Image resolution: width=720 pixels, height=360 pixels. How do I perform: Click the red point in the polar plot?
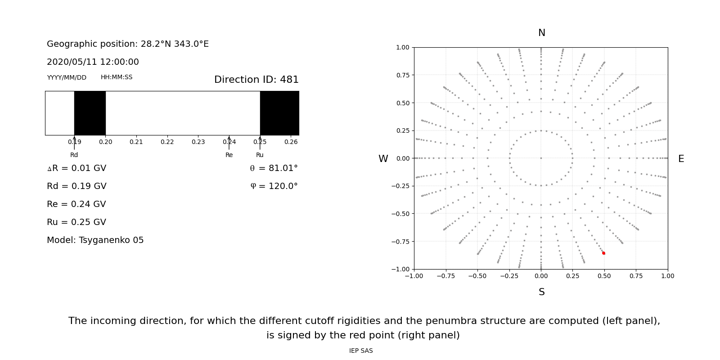[x=603, y=253]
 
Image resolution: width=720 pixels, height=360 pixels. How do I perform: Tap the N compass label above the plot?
[x=542, y=33]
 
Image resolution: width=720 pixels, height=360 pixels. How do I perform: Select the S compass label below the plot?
[x=542, y=292]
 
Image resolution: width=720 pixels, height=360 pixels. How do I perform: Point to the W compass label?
[x=383, y=159]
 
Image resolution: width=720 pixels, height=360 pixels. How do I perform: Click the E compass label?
[x=681, y=159]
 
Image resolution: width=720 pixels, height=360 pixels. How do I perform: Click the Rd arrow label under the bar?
[x=74, y=155]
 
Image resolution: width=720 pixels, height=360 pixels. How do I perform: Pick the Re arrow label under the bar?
[x=229, y=155]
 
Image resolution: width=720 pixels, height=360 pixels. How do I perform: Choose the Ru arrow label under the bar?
[x=260, y=155]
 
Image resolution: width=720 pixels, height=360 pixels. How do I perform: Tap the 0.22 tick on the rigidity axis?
[x=167, y=142]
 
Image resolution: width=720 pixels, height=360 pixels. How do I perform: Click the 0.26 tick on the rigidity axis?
[x=291, y=142]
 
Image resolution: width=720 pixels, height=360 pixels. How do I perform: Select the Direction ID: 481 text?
[x=256, y=80]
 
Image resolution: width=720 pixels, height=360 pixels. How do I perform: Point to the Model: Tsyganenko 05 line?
[x=95, y=240]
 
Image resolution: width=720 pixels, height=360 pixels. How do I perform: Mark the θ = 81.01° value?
[x=274, y=168]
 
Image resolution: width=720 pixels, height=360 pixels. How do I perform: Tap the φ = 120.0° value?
[x=274, y=186]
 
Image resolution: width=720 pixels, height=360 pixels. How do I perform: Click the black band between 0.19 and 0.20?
[x=90, y=113]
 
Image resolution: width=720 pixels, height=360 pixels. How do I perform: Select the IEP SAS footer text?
[x=361, y=351]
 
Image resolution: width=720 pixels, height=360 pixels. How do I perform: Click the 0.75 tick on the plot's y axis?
[x=402, y=75]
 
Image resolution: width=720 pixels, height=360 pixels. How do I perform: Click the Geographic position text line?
[x=128, y=44]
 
